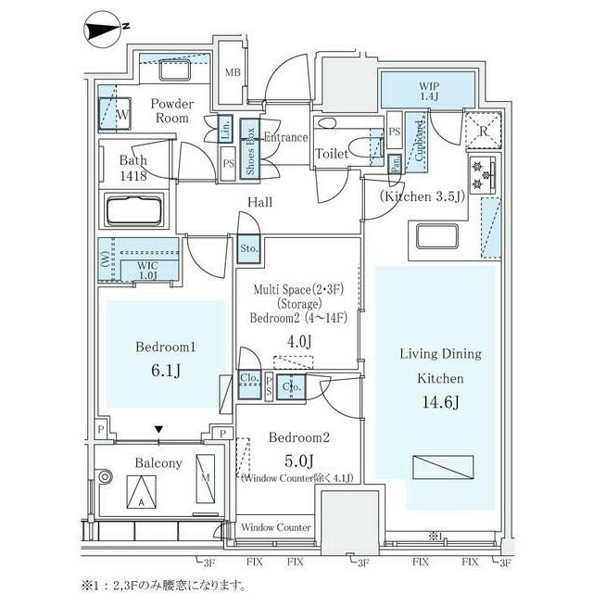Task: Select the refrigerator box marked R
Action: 483,131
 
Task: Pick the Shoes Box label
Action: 249,148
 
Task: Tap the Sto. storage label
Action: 248,248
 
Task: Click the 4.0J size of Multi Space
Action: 298,342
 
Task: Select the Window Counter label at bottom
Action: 276,527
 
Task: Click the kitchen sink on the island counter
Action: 436,235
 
